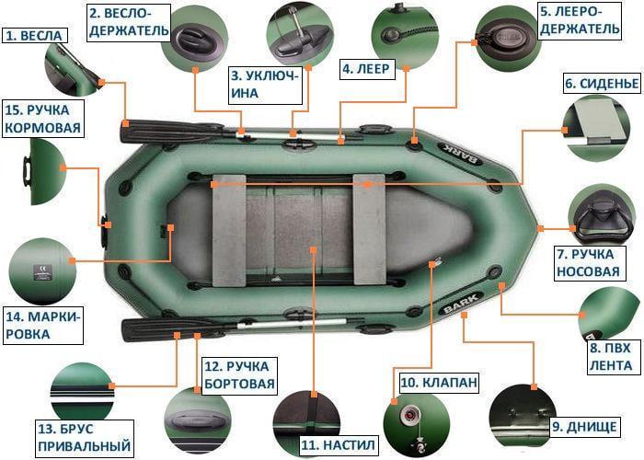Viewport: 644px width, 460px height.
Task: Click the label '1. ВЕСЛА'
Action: tap(34, 36)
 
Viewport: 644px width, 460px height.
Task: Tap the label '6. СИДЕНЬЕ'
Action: tap(601, 84)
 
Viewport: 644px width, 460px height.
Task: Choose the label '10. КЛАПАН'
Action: tap(438, 382)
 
